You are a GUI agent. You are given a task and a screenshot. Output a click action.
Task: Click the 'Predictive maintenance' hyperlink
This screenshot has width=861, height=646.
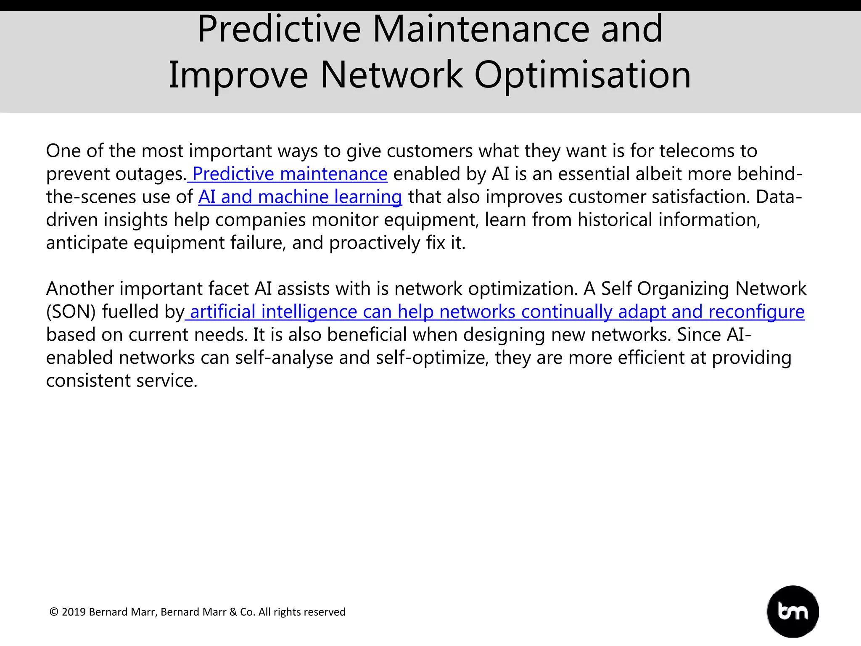290,174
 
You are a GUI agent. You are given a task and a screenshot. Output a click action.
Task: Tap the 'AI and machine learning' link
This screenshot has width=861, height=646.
300,197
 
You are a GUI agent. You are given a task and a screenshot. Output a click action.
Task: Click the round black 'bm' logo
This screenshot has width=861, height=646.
792,612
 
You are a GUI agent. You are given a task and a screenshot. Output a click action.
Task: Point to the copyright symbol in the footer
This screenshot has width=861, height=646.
54,612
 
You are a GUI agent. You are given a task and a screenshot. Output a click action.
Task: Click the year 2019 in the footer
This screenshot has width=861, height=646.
74,612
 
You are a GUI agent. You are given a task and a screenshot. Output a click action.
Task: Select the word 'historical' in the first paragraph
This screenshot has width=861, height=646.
615,220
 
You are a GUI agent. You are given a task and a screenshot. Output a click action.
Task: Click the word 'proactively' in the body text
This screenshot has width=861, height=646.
375,243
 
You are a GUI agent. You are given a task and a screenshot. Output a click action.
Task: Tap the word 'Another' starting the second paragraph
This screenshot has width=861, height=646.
80,289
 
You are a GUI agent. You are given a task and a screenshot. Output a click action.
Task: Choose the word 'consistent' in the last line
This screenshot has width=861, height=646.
88,381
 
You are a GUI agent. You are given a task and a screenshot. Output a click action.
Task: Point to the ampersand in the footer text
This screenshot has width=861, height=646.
233,612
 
